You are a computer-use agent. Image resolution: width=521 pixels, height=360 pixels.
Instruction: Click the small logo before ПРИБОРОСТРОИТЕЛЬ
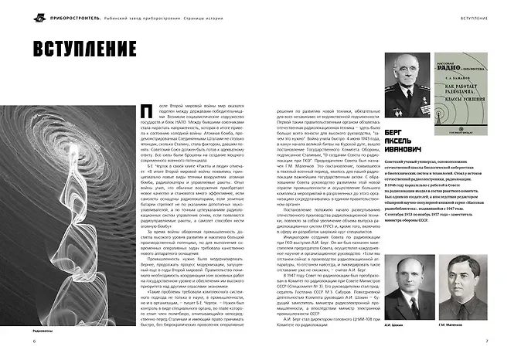(x=17, y=16)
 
